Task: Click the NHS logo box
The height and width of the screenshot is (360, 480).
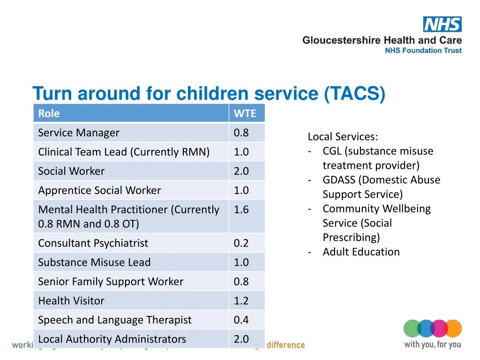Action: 442,24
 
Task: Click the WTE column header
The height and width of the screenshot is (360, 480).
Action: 245,113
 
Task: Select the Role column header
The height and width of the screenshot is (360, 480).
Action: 49,113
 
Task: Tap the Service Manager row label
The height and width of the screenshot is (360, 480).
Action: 78,133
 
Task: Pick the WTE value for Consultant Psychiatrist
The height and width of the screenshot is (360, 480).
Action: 241,243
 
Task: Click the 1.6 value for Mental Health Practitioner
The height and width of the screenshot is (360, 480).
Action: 241,210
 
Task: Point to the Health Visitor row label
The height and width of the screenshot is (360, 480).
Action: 71,300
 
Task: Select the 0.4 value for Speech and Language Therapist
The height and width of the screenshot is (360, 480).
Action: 241,320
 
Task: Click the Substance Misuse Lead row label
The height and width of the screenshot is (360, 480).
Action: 94,262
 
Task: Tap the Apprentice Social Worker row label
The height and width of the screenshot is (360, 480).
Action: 99,190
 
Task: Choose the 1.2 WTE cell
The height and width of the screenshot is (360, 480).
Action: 241,300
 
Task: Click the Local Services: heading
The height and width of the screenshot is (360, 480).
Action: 343,137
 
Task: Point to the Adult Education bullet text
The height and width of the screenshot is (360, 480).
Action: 361,252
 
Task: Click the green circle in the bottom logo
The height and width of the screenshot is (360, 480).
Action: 412,328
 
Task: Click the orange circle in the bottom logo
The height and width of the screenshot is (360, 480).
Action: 453,328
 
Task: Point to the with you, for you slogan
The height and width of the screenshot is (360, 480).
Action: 432,345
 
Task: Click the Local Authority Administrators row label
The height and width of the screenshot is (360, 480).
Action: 112,339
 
